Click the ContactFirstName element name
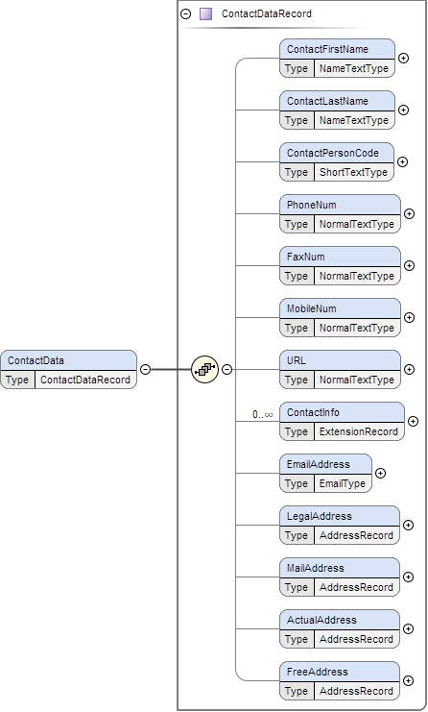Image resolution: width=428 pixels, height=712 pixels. coord(326,49)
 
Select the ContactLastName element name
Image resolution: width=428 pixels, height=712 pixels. coord(326,101)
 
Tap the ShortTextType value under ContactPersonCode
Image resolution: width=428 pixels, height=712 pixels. coord(353,172)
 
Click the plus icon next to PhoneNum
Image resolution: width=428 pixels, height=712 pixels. coord(409,214)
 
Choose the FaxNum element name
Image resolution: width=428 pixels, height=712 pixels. coord(305,257)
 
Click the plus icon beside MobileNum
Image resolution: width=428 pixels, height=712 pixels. coord(409,318)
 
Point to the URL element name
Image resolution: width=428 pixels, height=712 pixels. coord(297,360)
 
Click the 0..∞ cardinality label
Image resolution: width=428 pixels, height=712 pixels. coord(263,414)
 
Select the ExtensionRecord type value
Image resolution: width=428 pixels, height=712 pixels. coord(358,431)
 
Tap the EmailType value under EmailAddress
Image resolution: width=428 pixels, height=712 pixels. coord(342,483)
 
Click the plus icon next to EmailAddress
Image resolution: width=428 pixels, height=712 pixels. coord(380,474)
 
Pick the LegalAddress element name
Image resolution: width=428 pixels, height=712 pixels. coord(319,516)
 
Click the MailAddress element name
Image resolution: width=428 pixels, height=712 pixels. coord(316,568)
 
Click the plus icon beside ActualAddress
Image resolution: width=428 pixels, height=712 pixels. coord(409,629)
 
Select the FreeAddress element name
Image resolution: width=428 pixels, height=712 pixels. coord(317,672)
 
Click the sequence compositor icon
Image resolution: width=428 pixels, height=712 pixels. coord(204,369)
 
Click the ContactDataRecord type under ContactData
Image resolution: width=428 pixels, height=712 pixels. coord(84,379)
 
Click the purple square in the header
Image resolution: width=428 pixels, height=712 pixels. coord(205,14)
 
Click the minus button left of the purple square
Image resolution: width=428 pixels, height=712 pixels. coord(186,14)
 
